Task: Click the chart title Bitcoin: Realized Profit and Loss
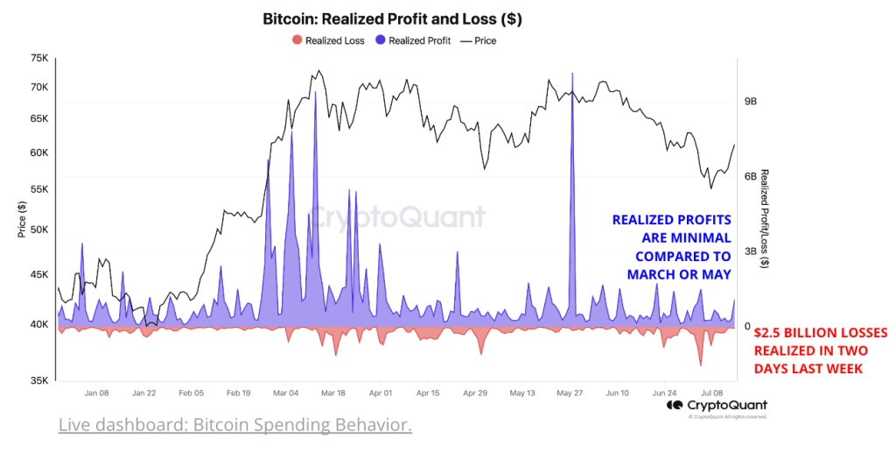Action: [392, 18]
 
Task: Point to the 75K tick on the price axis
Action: [38, 59]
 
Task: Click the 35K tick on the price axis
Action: [38, 381]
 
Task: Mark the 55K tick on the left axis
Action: [38, 189]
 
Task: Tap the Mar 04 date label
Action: [285, 393]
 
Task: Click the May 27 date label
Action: [570, 393]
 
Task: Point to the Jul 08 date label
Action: [712, 393]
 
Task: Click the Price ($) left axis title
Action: [21, 219]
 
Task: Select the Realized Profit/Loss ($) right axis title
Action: [765, 219]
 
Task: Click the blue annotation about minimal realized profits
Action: [671, 246]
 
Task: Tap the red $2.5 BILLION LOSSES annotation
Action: [820, 350]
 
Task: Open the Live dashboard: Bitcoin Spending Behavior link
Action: [234, 426]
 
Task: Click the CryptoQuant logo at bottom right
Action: [717, 406]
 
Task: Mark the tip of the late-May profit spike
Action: [571, 74]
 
